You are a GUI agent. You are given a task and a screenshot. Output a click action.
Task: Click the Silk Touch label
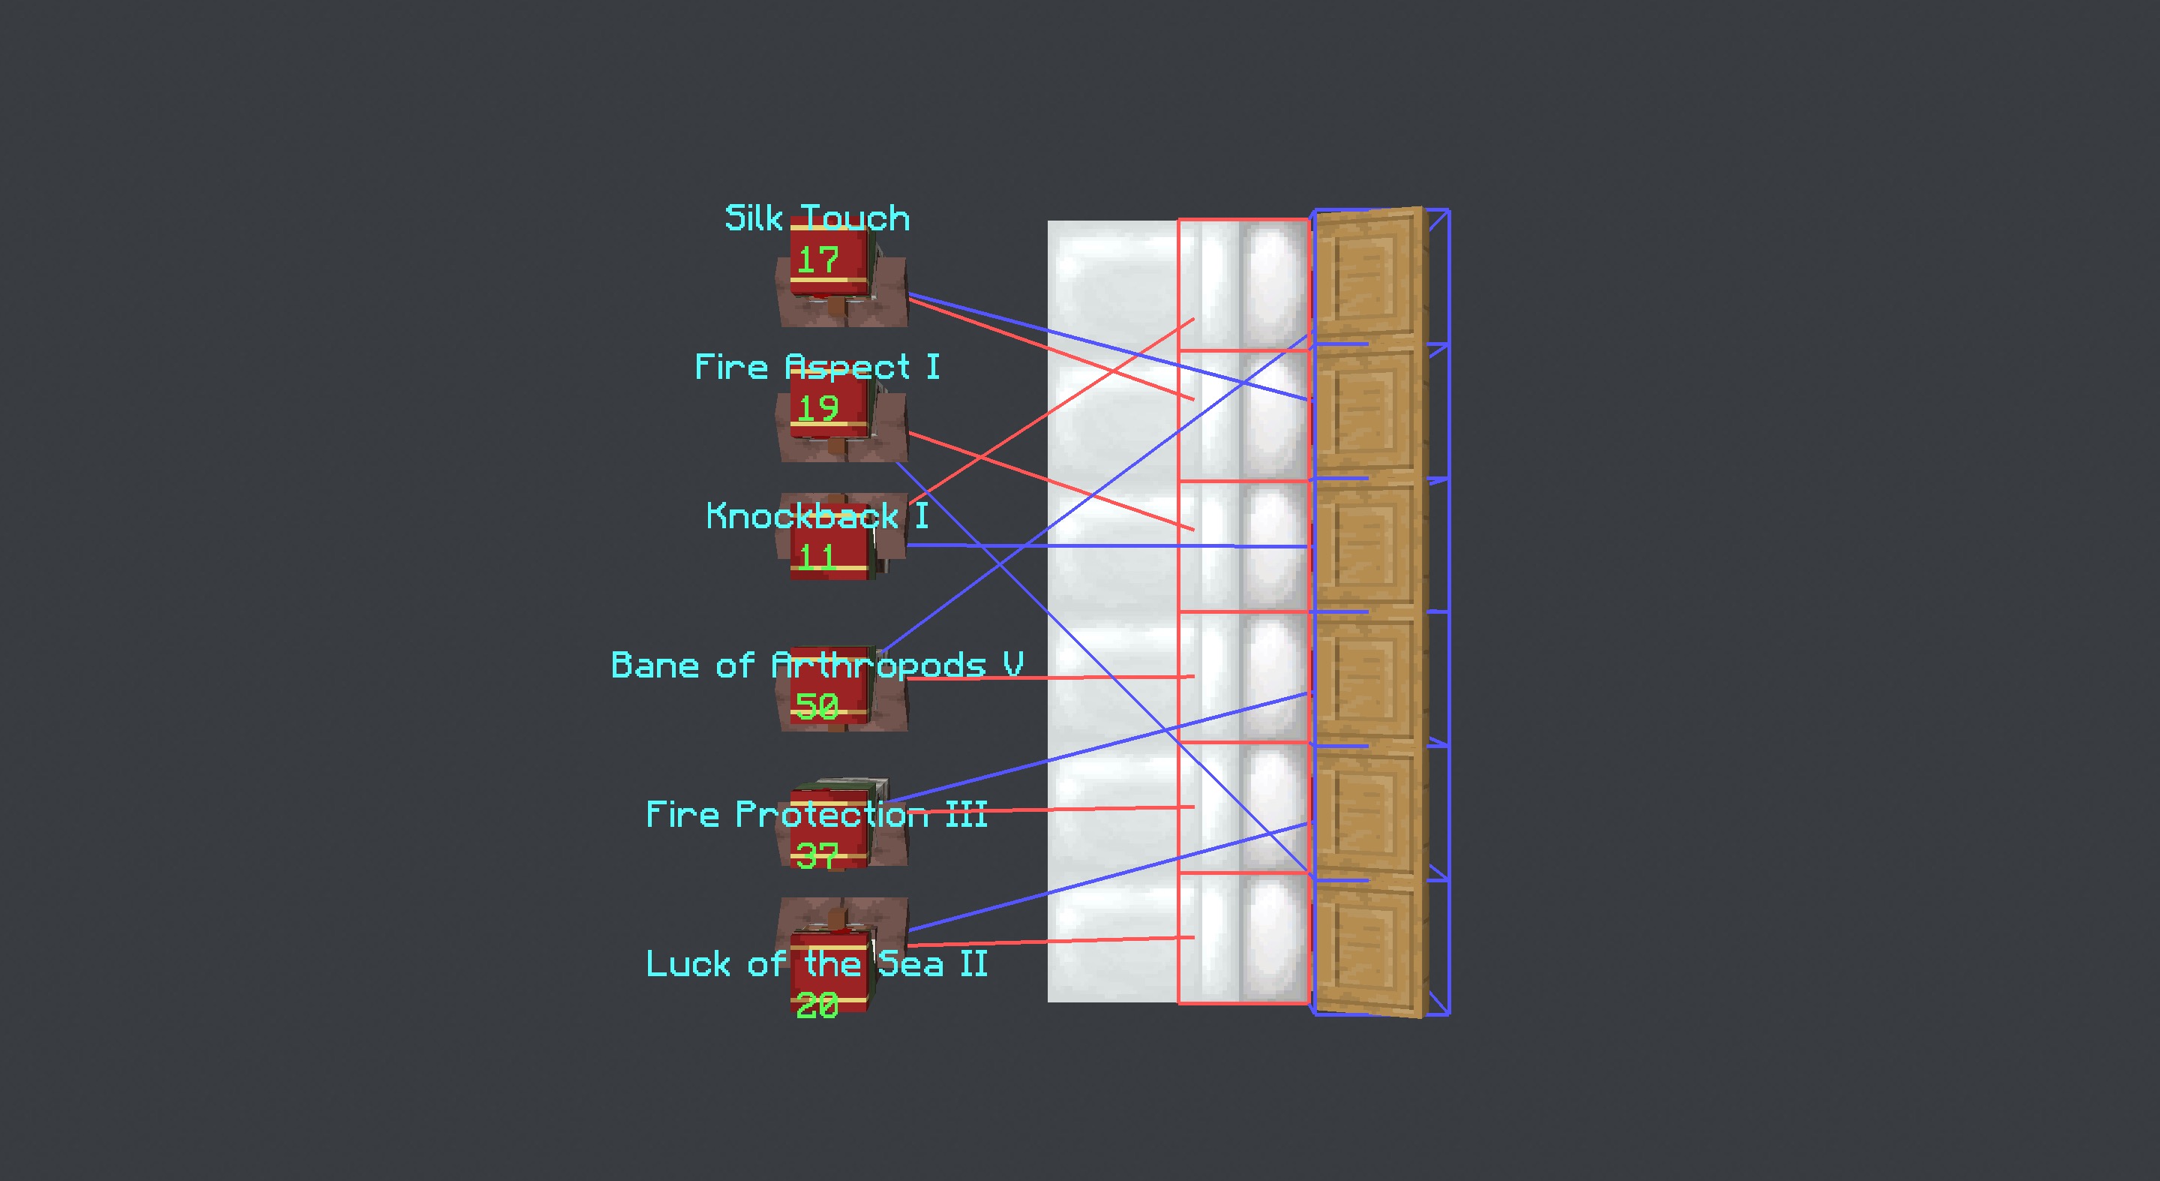(x=817, y=219)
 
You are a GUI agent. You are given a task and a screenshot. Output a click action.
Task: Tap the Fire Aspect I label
(x=817, y=368)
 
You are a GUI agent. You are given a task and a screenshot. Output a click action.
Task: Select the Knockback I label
(x=817, y=516)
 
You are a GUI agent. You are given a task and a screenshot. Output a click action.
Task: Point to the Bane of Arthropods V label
(x=817, y=665)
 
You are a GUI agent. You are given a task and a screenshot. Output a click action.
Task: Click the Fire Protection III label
(x=817, y=814)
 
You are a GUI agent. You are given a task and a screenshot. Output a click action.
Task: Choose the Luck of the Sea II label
(x=817, y=963)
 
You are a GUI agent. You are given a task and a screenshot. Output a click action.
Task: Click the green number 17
(x=817, y=260)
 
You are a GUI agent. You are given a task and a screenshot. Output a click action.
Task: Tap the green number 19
(x=817, y=408)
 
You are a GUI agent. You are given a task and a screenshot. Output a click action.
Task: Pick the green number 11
(x=816, y=557)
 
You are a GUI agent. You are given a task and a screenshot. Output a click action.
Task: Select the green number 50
(x=817, y=706)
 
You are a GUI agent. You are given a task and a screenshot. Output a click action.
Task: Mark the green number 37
(x=817, y=855)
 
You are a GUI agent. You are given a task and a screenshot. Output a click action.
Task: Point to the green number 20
(x=817, y=1005)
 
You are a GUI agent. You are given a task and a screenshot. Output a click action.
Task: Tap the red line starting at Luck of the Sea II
(x=1048, y=941)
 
